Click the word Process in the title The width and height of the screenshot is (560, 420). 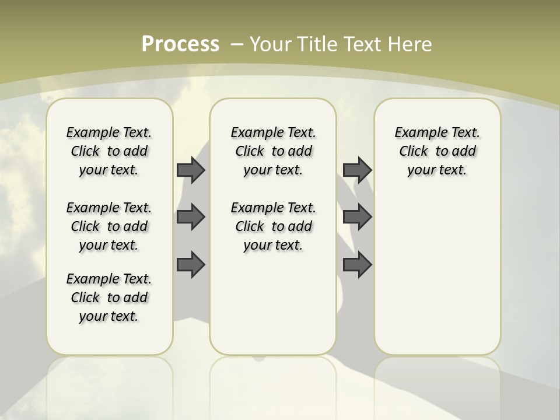[x=180, y=44]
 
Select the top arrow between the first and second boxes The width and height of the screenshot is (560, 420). [x=191, y=170]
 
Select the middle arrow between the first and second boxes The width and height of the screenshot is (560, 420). [x=191, y=217]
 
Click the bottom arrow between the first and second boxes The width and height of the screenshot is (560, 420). [x=191, y=265]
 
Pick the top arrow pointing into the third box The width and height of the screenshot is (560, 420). [x=357, y=170]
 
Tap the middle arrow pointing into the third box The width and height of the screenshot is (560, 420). [x=357, y=217]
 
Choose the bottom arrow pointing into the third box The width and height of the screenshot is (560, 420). [x=357, y=265]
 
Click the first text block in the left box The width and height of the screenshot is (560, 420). [x=109, y=151]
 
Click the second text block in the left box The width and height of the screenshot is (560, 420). [x=109, y=226]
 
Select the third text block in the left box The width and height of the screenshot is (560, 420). [x=109, y=297]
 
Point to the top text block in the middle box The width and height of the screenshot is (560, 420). [x=273, y=151]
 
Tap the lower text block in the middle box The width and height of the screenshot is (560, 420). [x=273, y=226]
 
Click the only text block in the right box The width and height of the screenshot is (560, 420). [x=437, y=151]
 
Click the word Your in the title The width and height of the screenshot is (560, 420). [x=272, y=44]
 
